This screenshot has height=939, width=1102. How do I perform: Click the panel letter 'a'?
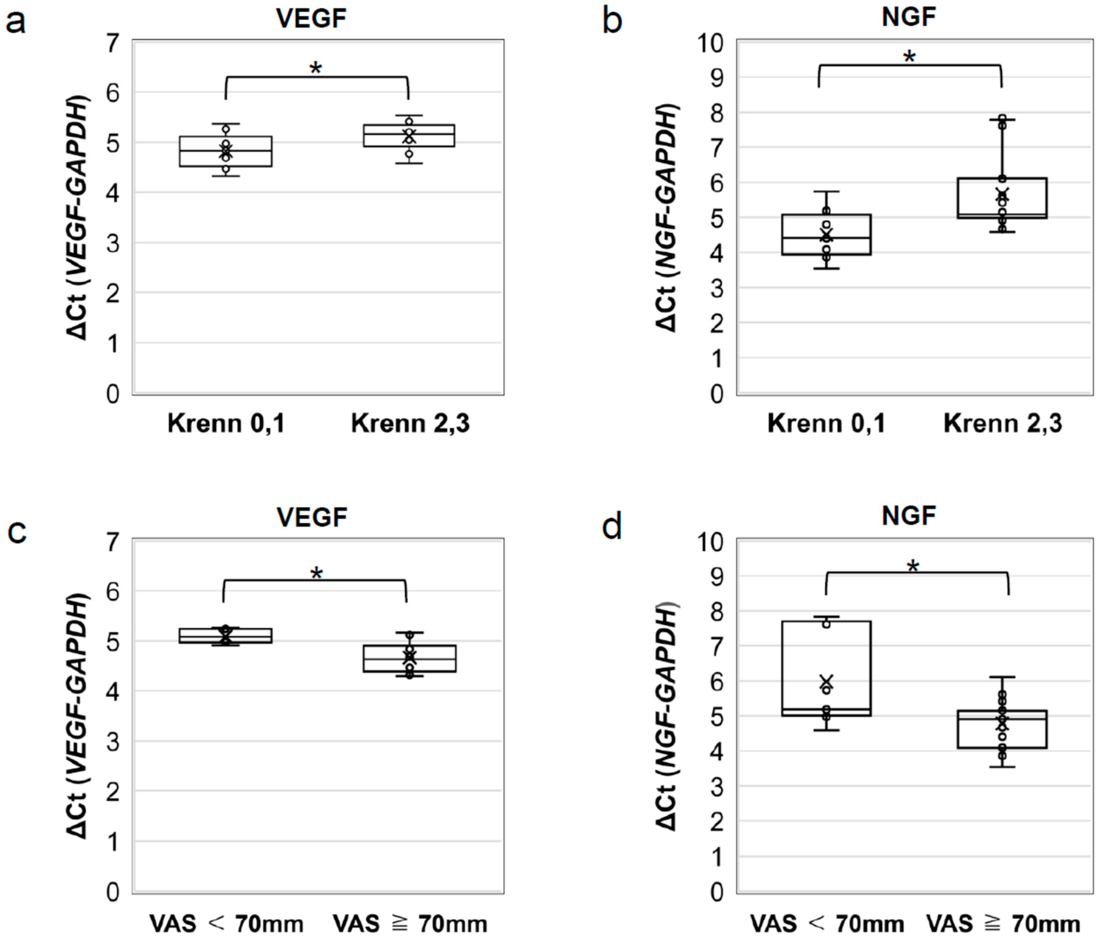tap(16, 23)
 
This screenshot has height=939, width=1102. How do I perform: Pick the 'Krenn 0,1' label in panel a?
tap(226, 424)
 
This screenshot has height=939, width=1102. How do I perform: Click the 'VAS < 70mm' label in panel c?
tap(226, 924)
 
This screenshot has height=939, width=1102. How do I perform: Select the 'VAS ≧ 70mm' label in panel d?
tap(1003, 924)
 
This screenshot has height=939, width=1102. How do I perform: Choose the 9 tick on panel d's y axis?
tap(716, 576)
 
